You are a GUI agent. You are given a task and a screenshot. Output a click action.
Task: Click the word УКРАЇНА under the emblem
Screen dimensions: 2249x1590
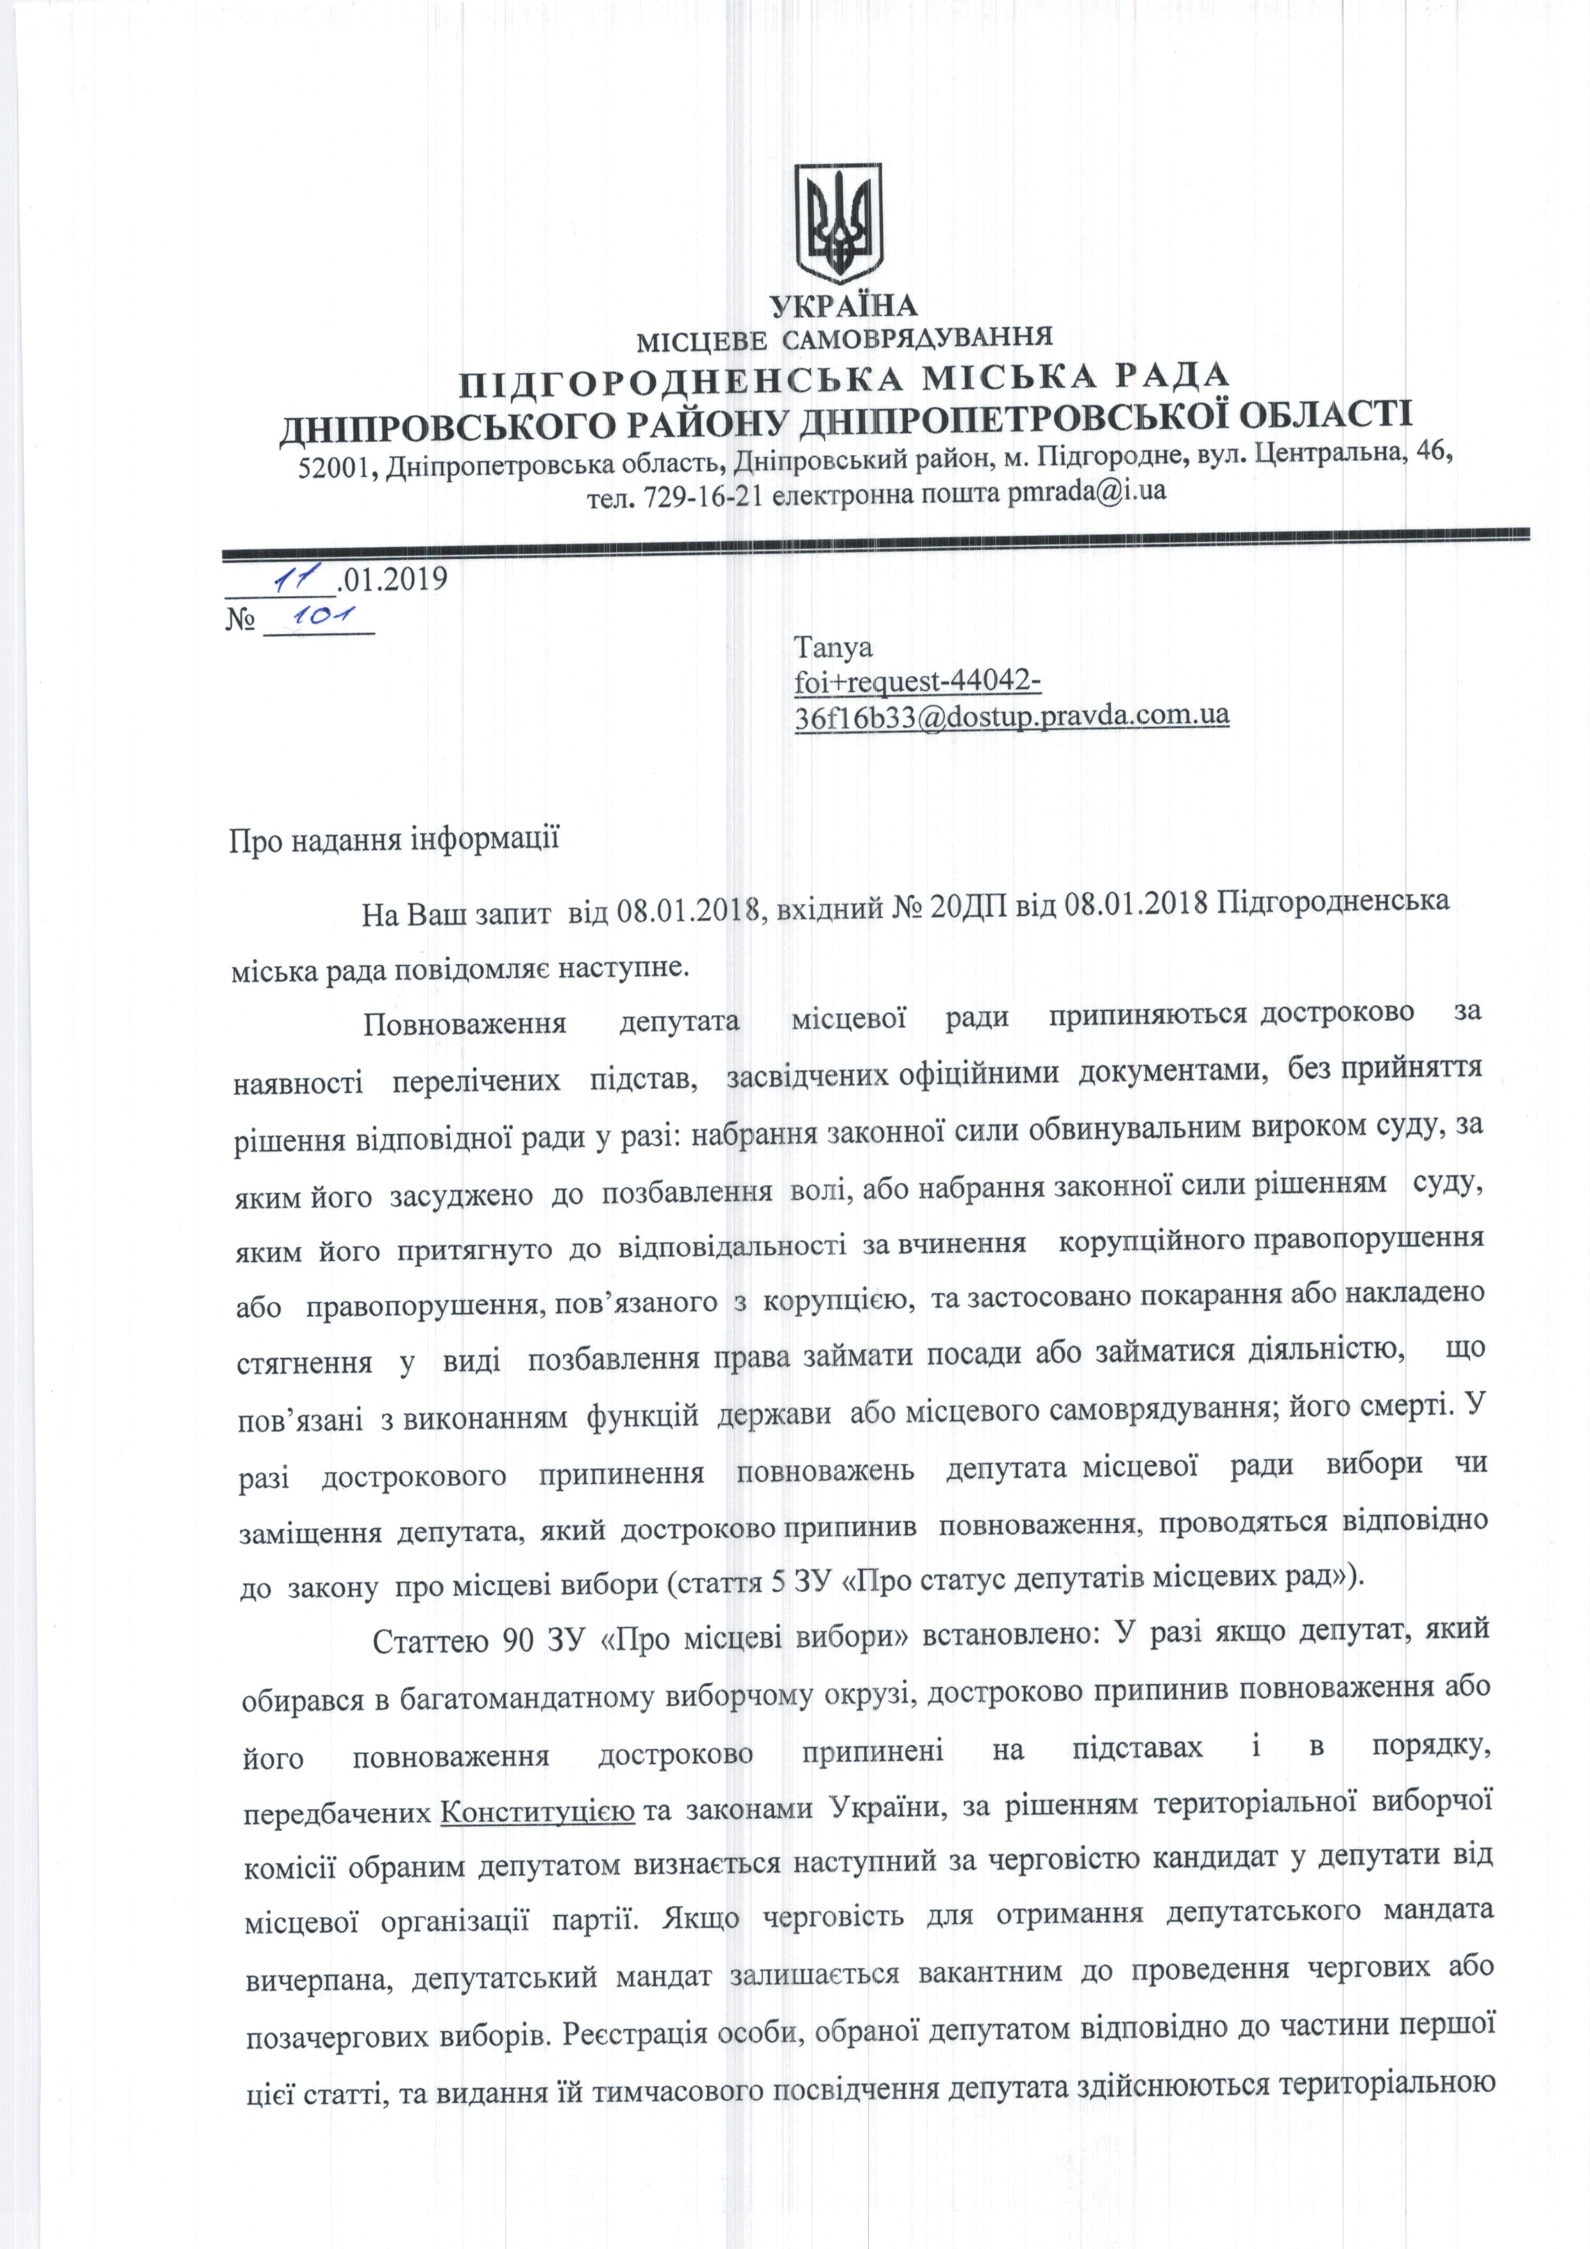tap(844, 306)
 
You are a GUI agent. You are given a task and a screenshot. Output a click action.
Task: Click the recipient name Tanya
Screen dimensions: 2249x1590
tap(833, 648)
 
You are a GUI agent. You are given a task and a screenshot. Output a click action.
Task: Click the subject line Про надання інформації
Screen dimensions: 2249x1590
tap(394, 839)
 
